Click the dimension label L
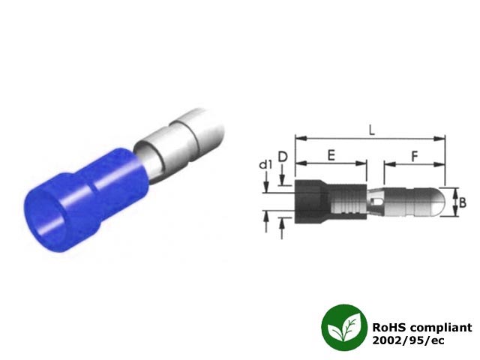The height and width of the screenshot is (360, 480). tap(372, 130)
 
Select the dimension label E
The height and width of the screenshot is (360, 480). tap(331, 155)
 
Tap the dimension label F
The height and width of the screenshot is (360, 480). tap(414, 156)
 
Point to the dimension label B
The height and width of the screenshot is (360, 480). tap(463, 202)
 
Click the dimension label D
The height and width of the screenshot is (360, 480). tap(283, 157)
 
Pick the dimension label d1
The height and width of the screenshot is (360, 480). tap(265, 165)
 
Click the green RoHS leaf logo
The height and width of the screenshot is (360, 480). tap(344, 327)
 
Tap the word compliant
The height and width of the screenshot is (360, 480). tap(441, 328)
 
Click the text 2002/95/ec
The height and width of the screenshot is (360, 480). tap(408, 340)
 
